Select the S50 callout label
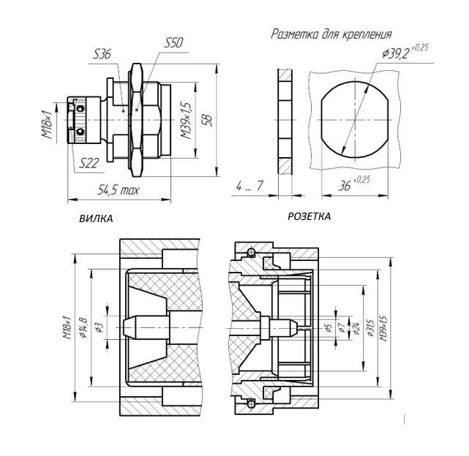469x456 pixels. point(173,43)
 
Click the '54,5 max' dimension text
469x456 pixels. point(119,190)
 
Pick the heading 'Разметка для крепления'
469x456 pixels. point(331,34)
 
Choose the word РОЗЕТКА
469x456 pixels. point(309,216)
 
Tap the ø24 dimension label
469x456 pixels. point(356,328)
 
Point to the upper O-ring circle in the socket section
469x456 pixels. point(251,253)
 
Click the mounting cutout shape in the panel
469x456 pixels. point(354,119)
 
